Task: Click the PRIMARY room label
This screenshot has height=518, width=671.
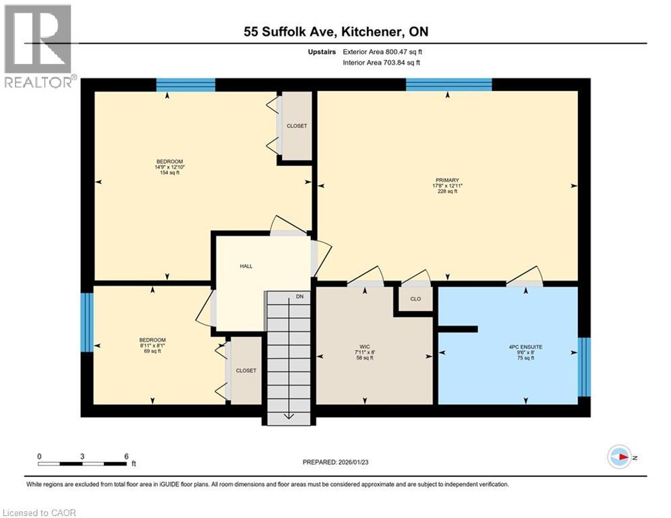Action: [x=447, y=180]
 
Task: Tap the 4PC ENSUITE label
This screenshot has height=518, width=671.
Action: [x=525, y=347]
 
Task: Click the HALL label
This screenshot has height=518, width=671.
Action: [x=246, y=266]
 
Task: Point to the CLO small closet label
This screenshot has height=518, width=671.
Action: [x=415, y=299]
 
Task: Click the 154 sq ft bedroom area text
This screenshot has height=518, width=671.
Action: [x=170, y=173]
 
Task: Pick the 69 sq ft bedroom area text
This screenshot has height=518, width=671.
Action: [x=152, y=351]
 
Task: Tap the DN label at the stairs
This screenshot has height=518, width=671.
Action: [x=300, y=296]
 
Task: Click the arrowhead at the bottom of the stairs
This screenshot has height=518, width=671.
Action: [x=289, y=415]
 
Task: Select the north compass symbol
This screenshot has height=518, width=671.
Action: [x=618, y=457]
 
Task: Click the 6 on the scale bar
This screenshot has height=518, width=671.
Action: [x=125, y=456]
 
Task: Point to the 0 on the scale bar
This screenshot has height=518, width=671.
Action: [x=39, y=456]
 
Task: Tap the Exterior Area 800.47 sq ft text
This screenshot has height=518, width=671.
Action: [x=382, y=51]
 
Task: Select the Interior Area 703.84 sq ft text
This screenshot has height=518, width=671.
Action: [x=382, y=63]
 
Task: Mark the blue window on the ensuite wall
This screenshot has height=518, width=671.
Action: [x=584, y=367]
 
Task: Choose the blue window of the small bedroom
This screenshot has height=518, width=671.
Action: [x=86, y=322]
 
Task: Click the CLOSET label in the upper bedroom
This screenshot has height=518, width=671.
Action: [x=297, y=126]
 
